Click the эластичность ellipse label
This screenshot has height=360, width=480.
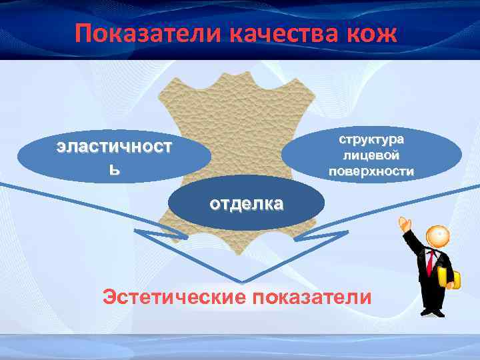[113, 155]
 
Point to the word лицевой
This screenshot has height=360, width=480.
[371, 156]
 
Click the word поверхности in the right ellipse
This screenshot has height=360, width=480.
[371, 171]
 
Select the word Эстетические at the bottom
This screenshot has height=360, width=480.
[171, 296]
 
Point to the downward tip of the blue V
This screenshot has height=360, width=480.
[243, 280]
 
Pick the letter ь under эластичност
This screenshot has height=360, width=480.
[115, 170]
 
